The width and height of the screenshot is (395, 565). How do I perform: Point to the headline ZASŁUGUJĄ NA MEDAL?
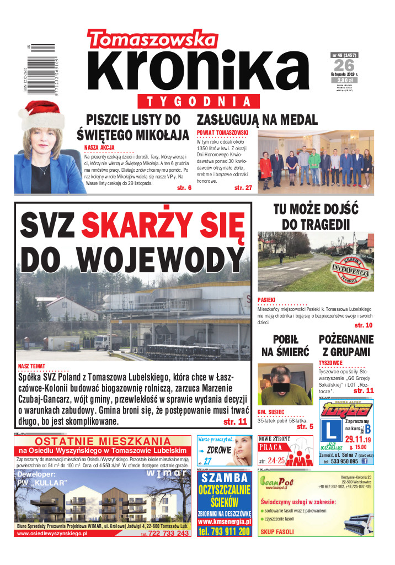257,120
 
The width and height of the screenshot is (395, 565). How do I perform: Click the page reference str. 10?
364,325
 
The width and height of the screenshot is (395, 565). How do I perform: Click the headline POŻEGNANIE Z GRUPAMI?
346,346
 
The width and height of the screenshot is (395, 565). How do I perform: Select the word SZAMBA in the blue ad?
225,478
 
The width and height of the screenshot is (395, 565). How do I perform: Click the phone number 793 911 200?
225,531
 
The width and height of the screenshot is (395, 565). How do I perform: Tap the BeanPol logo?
279,482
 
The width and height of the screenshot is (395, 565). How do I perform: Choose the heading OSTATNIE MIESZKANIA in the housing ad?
103,441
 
